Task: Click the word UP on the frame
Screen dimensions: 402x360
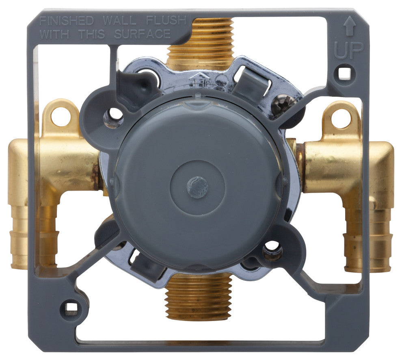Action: tap(349, 51)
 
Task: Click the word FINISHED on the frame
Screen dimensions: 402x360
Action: tap(67, 21)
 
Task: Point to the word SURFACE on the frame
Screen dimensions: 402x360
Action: tap(143, 34)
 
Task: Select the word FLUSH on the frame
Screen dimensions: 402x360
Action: tap(166, 21)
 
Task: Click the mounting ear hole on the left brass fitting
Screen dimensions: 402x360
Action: tap(61, 117)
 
